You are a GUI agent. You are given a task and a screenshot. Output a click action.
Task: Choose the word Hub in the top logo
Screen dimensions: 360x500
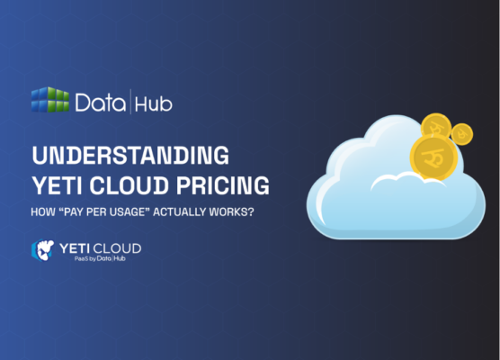(x=154, y=103)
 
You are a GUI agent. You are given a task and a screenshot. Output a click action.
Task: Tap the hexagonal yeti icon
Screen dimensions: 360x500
(x=41, y=250)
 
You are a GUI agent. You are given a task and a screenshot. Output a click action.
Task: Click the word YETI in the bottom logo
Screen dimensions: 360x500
(x=75, y=247)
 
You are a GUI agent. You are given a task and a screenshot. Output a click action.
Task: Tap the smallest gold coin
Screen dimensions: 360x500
(x=462, y=133)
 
